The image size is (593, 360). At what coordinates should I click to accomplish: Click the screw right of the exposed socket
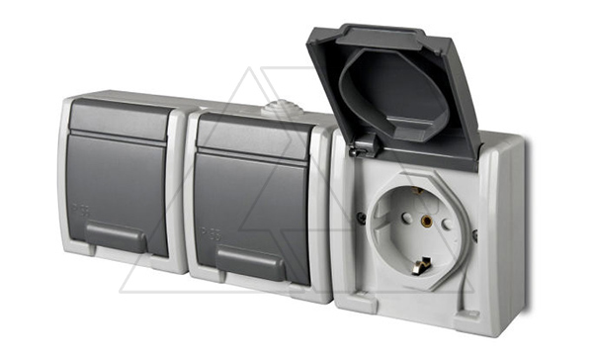[x=475, y=236]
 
